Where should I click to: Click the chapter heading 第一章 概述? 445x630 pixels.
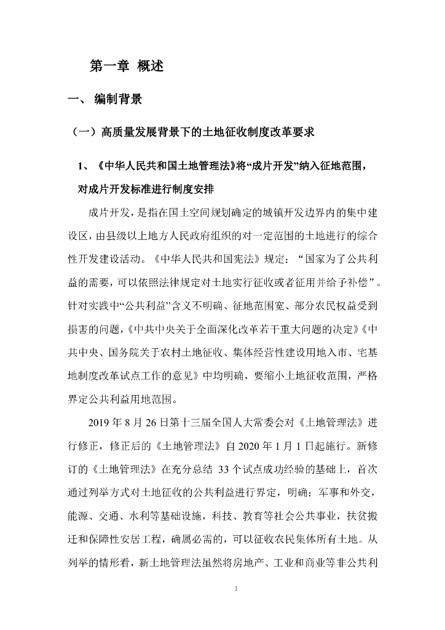click(127, 66)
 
